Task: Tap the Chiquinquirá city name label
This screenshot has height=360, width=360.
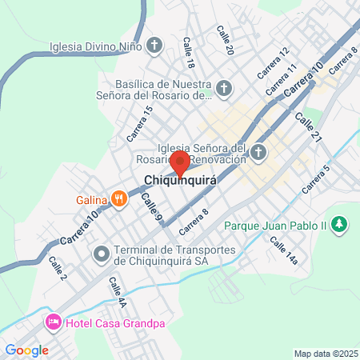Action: pyautogui.click(x=181, y=182)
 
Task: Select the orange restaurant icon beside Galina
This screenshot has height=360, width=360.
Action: pyautogui.click(x=119, y=197)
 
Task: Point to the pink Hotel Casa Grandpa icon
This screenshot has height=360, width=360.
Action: pyautogui.click(x=53, y=322)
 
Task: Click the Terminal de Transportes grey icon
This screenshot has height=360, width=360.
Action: pyautogui.click(x=102, y=255)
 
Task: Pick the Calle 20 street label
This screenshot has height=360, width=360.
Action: pyautogui.click(x=225, y=39)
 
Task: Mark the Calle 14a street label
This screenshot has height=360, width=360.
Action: pyautogui.click(x=283, y=250)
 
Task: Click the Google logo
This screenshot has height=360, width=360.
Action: pyautogui.click(x=26, y=350)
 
